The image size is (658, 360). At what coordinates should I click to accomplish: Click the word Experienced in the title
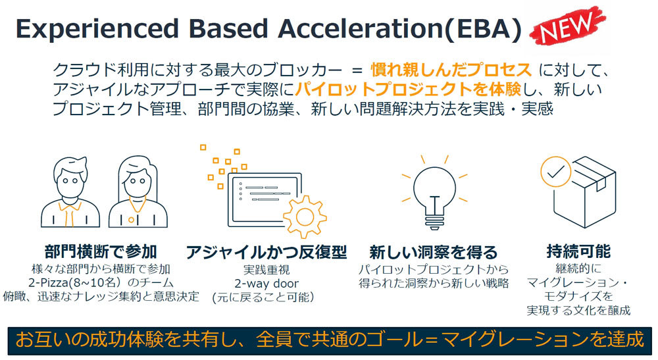97,29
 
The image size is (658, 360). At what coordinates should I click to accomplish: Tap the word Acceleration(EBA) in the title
399,29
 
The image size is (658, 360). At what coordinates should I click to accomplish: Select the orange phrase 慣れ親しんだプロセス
451,70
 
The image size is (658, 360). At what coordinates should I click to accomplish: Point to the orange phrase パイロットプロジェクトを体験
408,89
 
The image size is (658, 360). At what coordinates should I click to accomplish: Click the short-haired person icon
70,192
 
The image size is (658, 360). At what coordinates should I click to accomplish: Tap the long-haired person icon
138,192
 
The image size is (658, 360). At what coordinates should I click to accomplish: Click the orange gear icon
305,217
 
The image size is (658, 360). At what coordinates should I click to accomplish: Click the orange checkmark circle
555,171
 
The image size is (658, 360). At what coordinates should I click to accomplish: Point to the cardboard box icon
585,193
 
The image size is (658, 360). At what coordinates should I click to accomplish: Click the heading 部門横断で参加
101,252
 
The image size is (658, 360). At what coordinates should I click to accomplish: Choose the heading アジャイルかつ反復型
266,252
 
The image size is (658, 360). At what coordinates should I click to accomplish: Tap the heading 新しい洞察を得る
434,252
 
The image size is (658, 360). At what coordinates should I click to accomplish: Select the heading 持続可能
578,251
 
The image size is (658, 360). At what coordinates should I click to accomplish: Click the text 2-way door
266,284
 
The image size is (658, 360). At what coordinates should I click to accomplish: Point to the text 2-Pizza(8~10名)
76,282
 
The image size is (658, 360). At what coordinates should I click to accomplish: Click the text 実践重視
266,269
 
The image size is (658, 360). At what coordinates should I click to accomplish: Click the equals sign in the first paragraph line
357,70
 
